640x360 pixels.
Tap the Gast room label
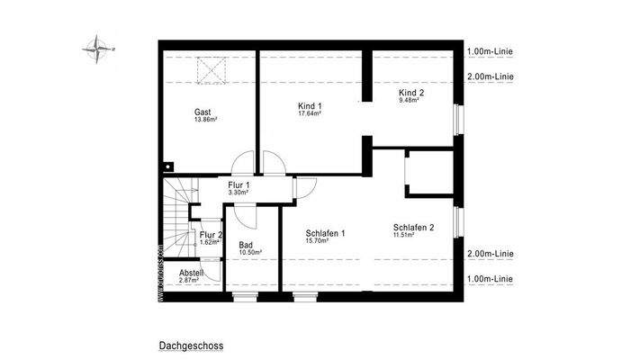[x=203, y=112]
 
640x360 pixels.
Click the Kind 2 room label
[x=411, y=92]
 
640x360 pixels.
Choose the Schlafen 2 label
[x=414, y=228]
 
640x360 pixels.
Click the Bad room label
[x=246, y=245]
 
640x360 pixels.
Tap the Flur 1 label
[x=239, y=185]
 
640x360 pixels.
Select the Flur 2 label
[x=211, y=235]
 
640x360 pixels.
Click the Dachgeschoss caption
[x=191, y=345]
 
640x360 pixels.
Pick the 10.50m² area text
[x=250, y=253]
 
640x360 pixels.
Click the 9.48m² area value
[x=410, y=100]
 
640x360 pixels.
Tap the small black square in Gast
[x=169, y=166]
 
